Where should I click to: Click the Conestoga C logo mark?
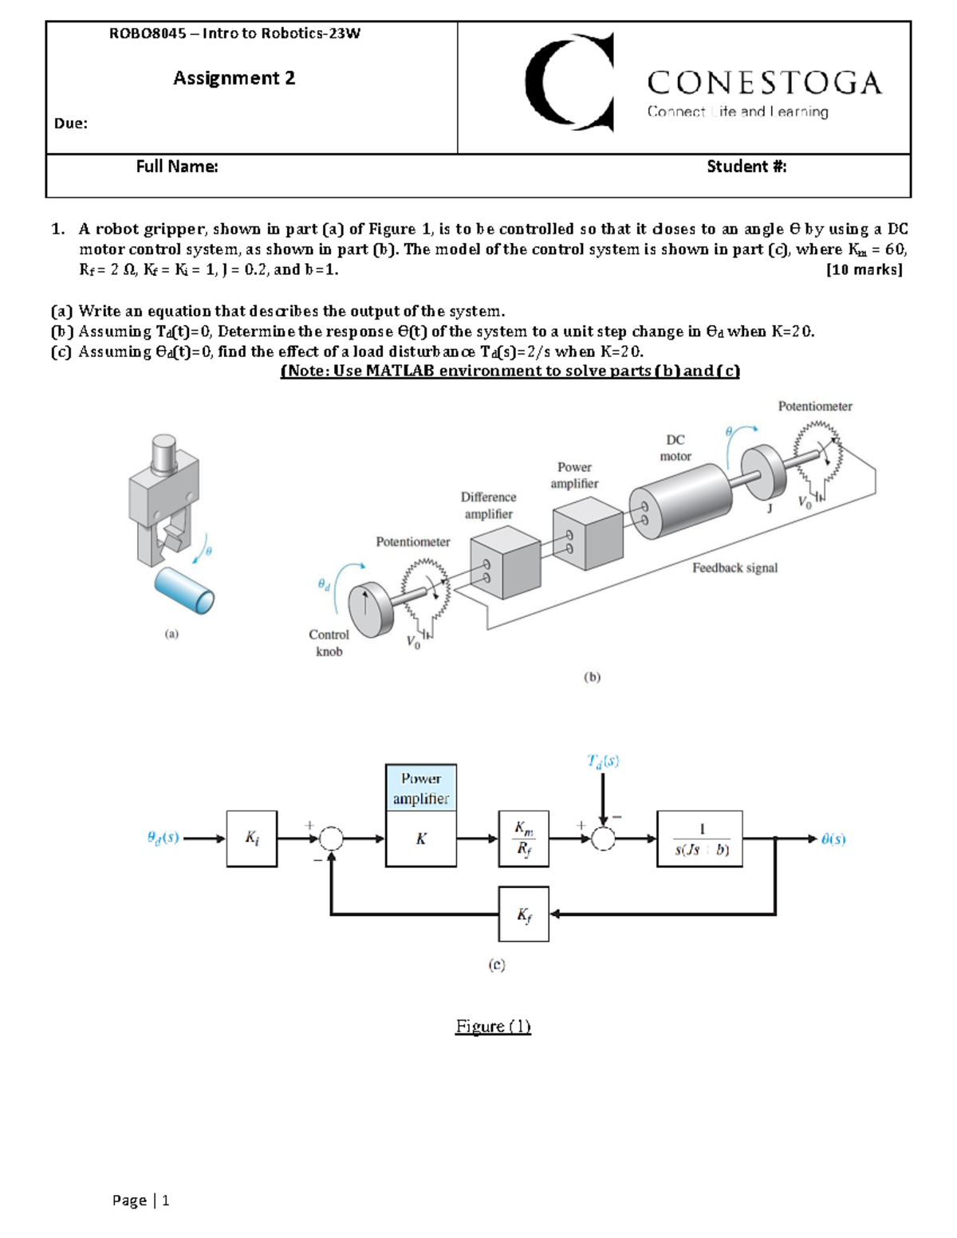(568, 82)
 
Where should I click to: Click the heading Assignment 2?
(234, 78)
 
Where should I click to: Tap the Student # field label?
(746, 167)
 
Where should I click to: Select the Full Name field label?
(176, 167)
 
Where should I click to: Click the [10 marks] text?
(864, 269)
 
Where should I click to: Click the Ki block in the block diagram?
(252, 839)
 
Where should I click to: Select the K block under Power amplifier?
(421, 839)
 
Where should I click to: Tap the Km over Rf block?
(523, 839)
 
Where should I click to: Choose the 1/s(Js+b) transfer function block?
(699, 839)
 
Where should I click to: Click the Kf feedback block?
(523, 914)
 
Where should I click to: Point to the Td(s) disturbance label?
(603, 760)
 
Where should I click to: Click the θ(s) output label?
(833, 839)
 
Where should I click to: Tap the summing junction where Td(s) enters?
(604, 839)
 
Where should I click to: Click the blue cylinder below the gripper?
(184, 590)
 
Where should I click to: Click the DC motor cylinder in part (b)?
(682, 501)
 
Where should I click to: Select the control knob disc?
(369, 610)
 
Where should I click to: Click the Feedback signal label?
(734, 568)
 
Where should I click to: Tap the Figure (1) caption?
(493, 1026)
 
